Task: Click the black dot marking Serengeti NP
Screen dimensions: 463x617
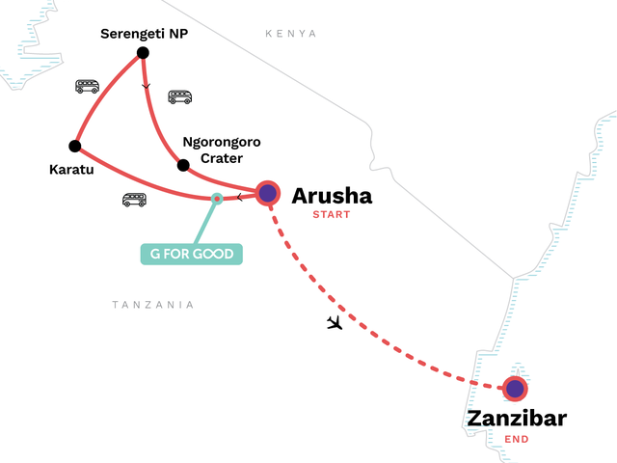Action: click(x=143, y=52)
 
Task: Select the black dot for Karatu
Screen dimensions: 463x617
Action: click(x=74, y=147)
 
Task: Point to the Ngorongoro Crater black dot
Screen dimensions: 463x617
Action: click(x=183, y=165)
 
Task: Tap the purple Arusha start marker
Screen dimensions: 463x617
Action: click(x=267, y=193)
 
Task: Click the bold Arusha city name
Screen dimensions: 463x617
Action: click(x=332, y=196)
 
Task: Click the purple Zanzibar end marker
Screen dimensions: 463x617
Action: click(x=515, y=390)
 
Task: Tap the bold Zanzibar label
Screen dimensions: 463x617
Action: click(x=517, y=420)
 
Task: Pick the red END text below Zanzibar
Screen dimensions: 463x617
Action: click(x=517, y=439)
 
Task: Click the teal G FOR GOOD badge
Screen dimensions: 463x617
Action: click(x=192, y=255)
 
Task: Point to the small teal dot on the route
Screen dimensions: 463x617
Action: click(x=217, y=199)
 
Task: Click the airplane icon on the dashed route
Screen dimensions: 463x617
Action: click(x=335, y=321)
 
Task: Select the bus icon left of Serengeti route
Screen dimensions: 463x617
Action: click(x=88, y=86)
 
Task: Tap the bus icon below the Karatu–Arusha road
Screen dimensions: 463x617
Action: click(x=134, y=200)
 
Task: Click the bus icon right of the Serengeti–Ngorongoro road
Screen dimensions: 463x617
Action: click(x=180, y=96)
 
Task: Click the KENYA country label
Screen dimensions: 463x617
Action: click(x=291, y=34)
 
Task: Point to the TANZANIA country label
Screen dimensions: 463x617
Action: click(x=152, y=305)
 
